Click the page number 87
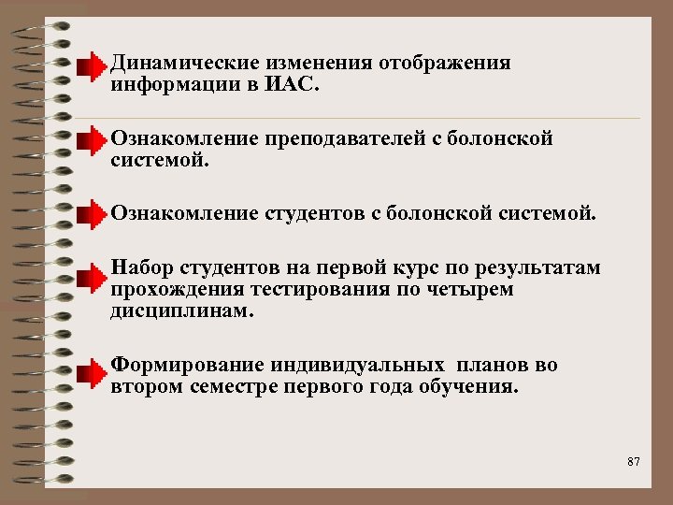pyautogui.click(x=634, y=461)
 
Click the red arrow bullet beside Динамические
pyautogui.click(x=92, y=68)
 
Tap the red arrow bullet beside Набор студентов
pyautogui.click(x=92, y=277)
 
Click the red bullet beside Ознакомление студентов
pyautogui.click(x=92, y=218)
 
